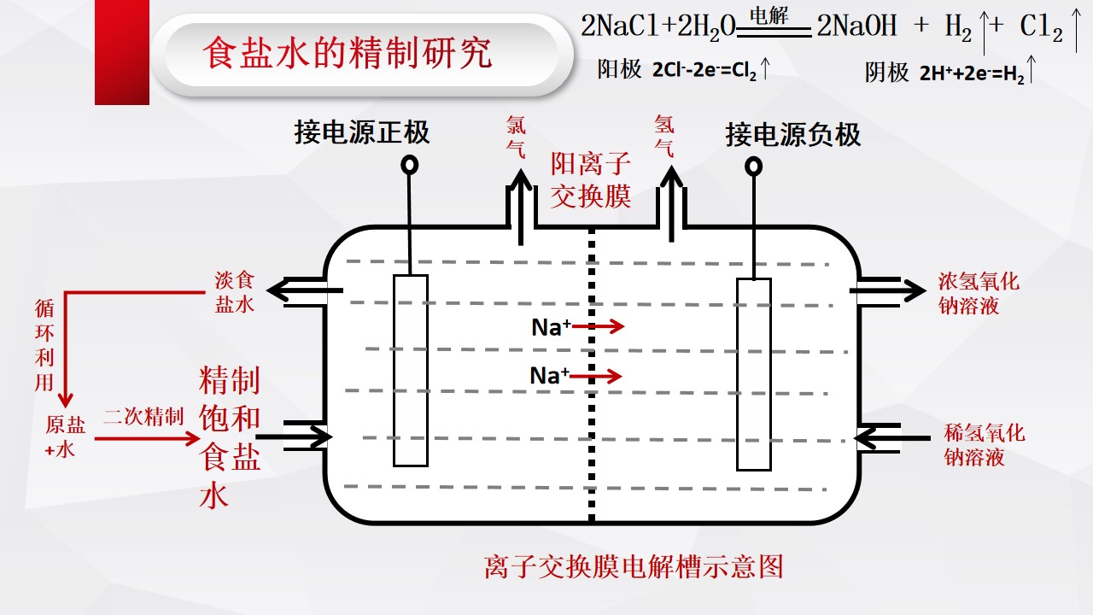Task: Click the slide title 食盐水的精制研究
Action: pyautogui.click(x=347, y=53)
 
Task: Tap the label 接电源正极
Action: pyautogui.click(x=361, y=132)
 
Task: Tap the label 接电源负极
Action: pyautogui.click(x=793, y=135)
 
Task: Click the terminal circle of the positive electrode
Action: pyautogui.click(x=409, y=165)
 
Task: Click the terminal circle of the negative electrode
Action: pyautogui.click(x=753, y=167)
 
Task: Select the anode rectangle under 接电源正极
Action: pyautogui.click(x=411, y=371)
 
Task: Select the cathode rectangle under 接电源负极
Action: pyautogui.click(x=754, y=374)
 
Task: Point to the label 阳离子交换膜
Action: pyautogui.click(x=591, y=180)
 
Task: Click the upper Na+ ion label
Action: pyautogui.click(x=551, y=327)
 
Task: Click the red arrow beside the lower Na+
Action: pyautogui.click(x=596, y=376)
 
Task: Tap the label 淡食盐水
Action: pyautogui.click(x=235, y=292)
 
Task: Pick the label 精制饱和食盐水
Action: pyautogui.click(x=230, y=436)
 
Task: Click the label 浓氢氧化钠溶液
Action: pyautogui.click(x=979, y=294)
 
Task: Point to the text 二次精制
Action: pyautogui.click(x=143, y=417)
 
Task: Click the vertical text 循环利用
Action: pyautogui.click(x=44, y=346)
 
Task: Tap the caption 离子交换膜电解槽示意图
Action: pyautogui.click(x=634, y=566)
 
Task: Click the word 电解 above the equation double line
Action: pyautogui.click(x=769, y=15)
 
